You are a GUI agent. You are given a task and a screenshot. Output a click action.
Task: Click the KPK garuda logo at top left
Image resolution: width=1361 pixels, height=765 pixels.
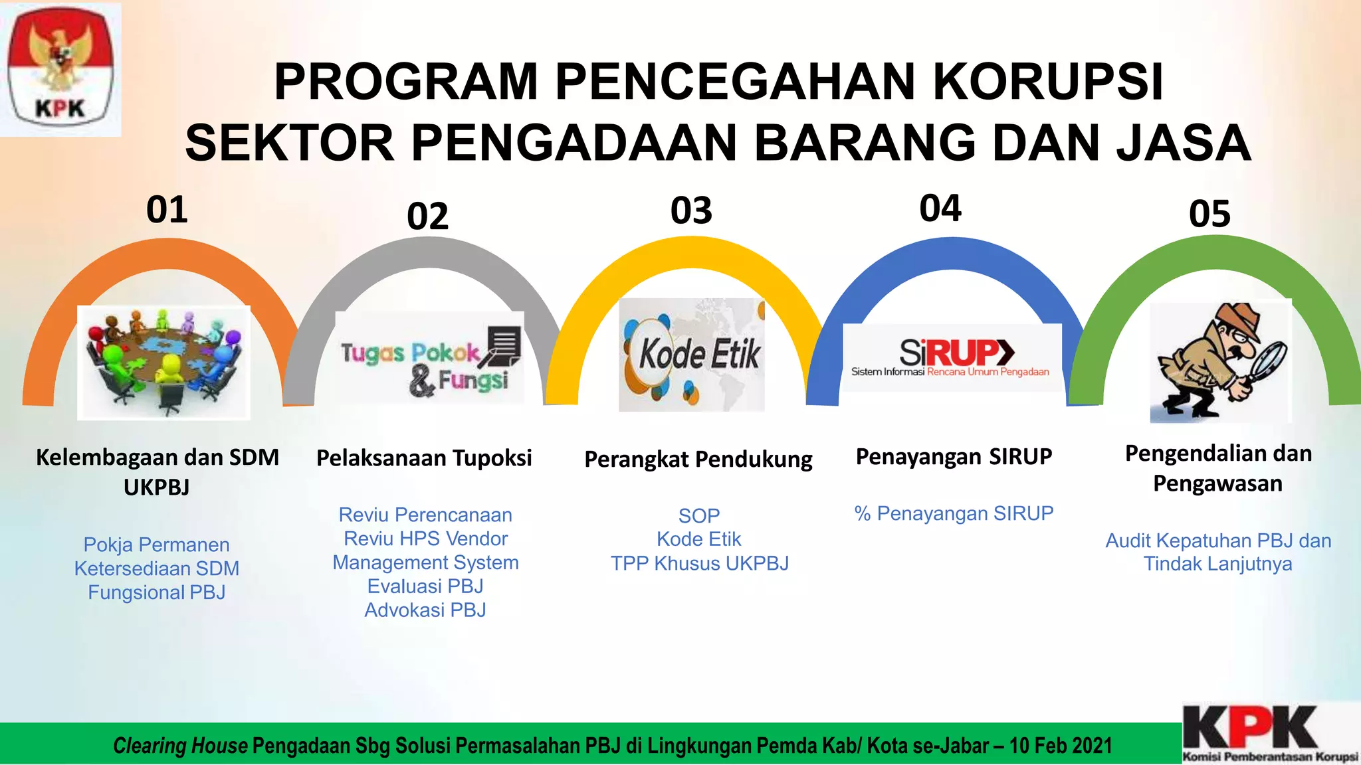60,68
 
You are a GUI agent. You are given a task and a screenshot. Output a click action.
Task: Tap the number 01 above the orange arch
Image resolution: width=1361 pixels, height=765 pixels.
167,210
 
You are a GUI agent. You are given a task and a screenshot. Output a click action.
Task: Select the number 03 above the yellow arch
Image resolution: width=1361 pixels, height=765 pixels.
691,211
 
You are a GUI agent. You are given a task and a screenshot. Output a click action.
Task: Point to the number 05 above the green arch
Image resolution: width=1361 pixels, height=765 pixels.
1209,214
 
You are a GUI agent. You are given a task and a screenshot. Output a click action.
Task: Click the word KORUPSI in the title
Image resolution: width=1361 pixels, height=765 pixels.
1047,82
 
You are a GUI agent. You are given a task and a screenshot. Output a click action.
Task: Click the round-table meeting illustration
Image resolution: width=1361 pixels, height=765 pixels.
163,363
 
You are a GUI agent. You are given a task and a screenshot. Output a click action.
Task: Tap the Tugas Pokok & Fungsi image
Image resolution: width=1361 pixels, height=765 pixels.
430,359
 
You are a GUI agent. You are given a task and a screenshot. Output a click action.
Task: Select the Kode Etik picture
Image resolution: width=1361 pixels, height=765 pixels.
692,355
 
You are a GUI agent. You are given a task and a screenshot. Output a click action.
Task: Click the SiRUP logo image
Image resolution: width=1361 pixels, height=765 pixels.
952,357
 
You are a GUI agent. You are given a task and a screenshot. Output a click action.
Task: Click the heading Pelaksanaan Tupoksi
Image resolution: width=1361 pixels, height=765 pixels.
424,458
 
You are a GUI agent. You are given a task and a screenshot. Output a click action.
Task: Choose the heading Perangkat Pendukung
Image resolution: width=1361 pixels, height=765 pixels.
698,460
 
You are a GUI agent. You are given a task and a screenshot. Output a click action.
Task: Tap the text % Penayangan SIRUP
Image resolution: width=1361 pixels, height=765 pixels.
954,513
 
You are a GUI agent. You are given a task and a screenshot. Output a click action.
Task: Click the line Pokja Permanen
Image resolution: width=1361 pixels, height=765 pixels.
157,545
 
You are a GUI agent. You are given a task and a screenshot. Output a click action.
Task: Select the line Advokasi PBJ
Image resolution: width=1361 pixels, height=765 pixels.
425,610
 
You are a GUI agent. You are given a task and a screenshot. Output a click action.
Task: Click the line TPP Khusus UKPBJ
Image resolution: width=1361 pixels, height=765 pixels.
699,563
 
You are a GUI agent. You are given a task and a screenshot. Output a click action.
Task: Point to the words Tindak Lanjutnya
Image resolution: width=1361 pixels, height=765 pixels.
1217,564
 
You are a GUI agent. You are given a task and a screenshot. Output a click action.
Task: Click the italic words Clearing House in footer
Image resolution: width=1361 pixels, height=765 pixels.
180,746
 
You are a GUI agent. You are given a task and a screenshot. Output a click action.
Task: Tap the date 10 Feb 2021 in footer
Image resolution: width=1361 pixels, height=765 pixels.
1061,746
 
